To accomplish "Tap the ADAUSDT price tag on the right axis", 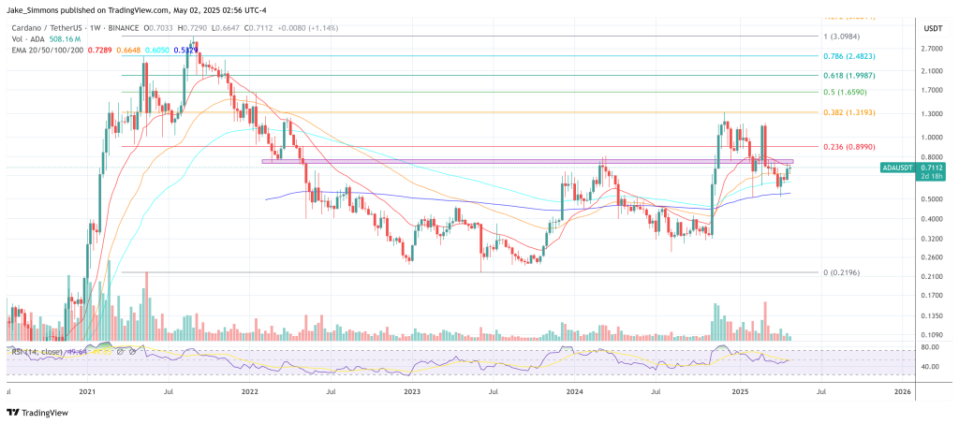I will [x=898, y=167].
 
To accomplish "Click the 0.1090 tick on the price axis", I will [x=932, y=335].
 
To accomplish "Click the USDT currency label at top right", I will [x=932, y=28].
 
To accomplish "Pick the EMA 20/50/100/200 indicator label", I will [x=47, y=51].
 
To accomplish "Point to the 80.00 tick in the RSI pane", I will [x=931, y=347].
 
